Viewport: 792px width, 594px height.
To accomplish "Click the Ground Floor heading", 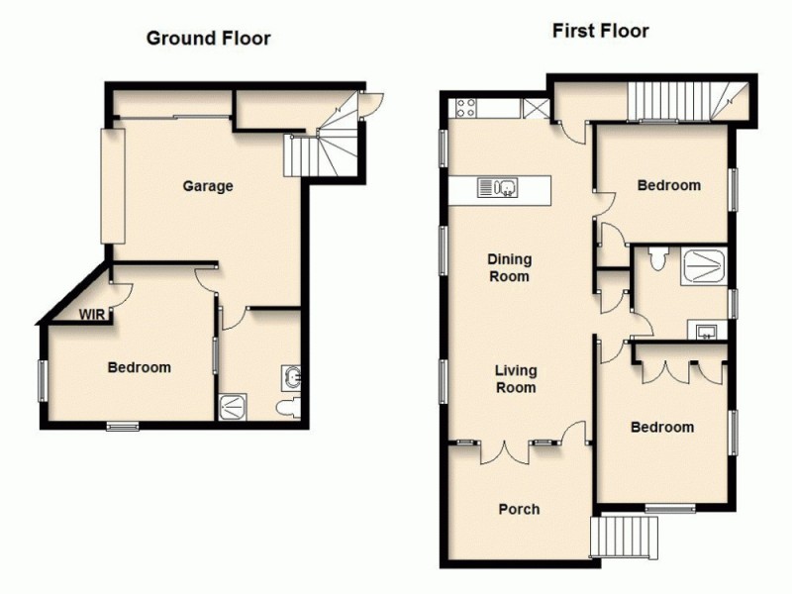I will (x=208, y=39).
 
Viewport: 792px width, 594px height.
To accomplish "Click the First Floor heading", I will (x=600, y=31).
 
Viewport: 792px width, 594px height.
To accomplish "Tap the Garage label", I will (x=207, y=185).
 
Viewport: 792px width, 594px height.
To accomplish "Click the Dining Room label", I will (x=509, y=268).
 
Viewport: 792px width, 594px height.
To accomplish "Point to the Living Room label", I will (x=516, y=379).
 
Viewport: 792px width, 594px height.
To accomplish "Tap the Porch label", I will (x=519, y=509).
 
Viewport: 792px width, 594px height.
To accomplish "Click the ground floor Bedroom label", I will (x=139, y=367).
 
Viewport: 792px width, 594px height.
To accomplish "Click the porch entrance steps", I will (x=625, y=539).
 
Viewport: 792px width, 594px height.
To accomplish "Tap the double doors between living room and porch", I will (x=506, y=450).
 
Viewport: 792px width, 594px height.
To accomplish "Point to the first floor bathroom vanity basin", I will (x=707, y=331).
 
